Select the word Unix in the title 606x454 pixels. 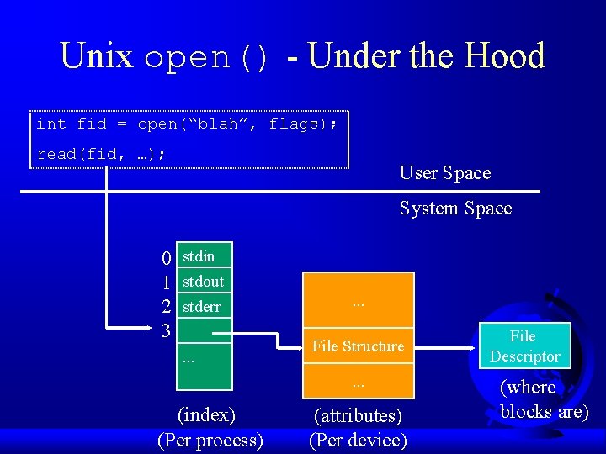(96, 56)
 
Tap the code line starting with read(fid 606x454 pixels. (101, 155)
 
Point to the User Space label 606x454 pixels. (444, 173)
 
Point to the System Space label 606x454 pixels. (455, 208)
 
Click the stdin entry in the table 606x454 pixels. (199, 256)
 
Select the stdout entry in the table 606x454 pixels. (203, 281)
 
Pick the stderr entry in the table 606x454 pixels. (202, 306)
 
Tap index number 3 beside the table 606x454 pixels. (166, 330)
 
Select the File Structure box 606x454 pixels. (358, 346)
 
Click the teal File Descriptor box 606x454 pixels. (524, 346)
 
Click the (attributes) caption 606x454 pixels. (358, 415)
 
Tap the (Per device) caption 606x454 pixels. (358, 440)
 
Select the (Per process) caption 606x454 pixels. (210, 440)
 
